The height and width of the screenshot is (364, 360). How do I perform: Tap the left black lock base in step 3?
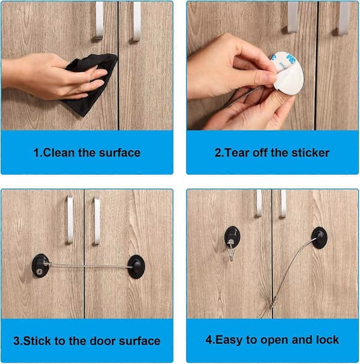(x=41, y=265)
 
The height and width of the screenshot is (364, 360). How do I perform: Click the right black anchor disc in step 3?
(x=137, y=267)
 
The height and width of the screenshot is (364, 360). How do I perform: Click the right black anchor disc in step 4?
(x=319, y=238)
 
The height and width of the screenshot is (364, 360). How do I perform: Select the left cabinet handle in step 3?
(x=70, y=220)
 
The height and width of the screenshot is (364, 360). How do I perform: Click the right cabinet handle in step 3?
(x=97, y=221)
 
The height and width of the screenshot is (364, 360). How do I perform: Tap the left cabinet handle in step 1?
(x=99, y=20)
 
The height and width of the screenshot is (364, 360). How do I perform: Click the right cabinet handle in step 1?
(x=137, y=22)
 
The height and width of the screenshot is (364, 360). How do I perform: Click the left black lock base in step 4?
(x=232, y=237)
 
